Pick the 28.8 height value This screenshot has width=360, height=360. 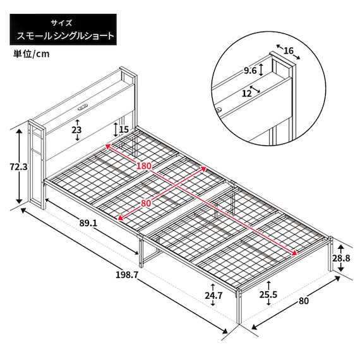point(342,258)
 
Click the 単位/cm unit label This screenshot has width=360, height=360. point(30,54)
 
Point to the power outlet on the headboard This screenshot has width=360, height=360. point(83,105)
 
